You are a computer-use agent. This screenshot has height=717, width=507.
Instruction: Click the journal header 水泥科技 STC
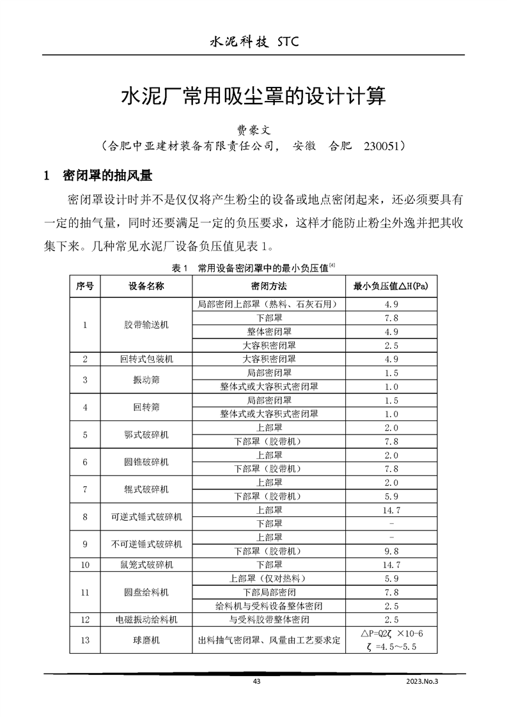pos(254,42)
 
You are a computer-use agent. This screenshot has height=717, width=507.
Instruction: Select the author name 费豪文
pos(254,130)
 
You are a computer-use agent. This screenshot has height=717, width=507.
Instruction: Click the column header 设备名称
pos(146,286)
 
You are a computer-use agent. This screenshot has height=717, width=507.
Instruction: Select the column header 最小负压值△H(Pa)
pos(391,286)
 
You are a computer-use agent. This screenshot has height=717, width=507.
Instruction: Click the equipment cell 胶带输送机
pos(146,325)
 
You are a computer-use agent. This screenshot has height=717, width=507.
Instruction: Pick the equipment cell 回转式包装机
pos(146,359)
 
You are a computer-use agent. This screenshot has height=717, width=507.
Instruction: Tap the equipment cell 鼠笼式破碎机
pos(146,565)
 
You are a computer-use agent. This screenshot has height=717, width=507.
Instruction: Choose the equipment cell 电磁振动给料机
pos(146,620)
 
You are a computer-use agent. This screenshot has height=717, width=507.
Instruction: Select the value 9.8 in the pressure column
pos(391,551)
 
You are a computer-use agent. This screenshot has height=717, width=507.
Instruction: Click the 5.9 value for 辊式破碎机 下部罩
pos(391,496)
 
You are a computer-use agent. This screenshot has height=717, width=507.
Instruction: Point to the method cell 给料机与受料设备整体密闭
pos(269,606)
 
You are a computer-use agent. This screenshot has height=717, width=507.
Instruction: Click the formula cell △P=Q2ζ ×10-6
pos(391,634)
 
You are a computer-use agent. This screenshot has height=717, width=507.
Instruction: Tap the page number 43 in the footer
pos(256,682)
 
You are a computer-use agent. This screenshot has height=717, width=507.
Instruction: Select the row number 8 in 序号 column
pos(85,516)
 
